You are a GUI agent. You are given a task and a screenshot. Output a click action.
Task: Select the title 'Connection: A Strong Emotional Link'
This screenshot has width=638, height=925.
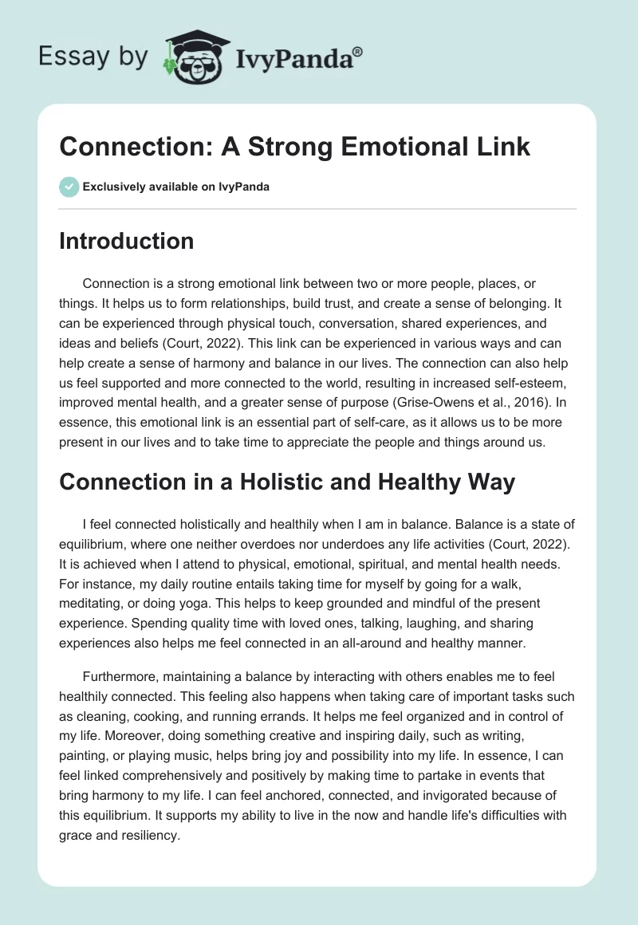tap(294, 147)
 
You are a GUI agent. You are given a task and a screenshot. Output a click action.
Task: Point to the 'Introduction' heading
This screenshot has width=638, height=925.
tap(126, 242)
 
